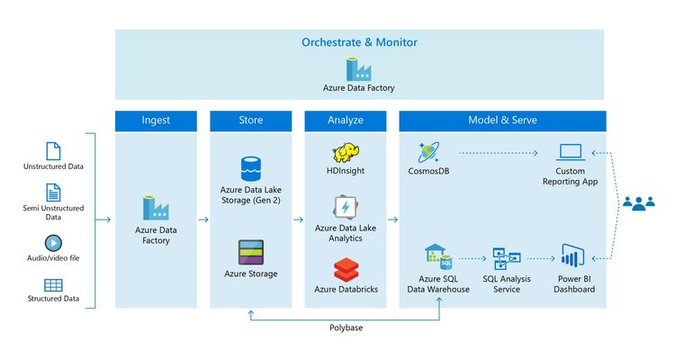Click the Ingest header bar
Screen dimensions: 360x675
(156, 120)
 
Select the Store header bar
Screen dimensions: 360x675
(250, 120)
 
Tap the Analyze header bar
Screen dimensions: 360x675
(346, 120)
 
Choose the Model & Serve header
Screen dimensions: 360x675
(502, 120)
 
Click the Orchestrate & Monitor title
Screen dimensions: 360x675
(359, 42)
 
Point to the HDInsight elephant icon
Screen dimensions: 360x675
(346, 153)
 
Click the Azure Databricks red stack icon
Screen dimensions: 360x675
(346, 269)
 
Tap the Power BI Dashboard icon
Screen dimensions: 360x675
(573, 256)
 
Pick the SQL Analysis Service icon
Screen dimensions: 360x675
(506, 259)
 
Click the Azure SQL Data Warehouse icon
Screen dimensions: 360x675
(438, 257)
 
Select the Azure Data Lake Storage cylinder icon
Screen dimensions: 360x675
(250, 168)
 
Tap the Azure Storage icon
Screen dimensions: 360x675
(250, 251)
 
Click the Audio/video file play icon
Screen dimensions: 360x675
(53, 242)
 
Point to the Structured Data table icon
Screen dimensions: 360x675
(53, 285)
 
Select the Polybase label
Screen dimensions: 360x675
(346, 328)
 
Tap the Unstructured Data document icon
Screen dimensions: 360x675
(53, 150)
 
